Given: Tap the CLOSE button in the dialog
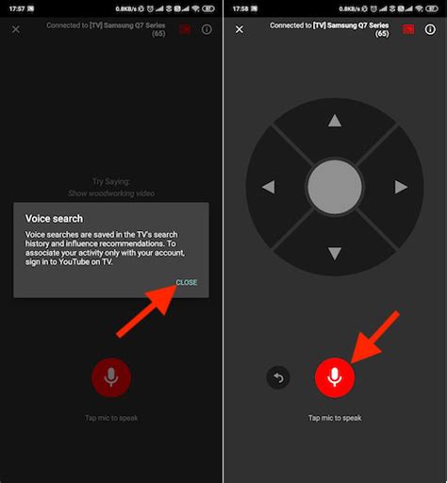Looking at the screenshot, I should click(x=186, y=282).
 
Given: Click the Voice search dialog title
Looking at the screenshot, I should click(x=54, y=218).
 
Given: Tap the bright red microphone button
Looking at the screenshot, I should click(x=334, y=377).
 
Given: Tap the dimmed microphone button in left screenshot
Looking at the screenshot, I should click(x=111, y=377).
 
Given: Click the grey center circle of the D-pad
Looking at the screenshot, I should click(x=334, y=187).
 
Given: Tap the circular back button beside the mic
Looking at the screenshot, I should click(x=279, y=377).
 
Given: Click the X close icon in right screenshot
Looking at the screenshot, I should click(x=239, y=29).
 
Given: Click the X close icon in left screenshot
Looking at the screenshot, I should click(x=16, y=29).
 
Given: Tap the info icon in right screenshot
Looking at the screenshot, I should click(x=430, y=29).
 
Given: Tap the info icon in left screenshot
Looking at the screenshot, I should click(x=207, y=29).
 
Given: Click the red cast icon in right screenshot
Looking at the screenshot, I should click(x=408, y=29).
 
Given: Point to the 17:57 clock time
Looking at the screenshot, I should click(x=16, y=8).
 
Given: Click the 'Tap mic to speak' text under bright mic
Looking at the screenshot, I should click(x=334, y=418).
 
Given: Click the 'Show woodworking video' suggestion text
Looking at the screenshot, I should click(x=111, y=193).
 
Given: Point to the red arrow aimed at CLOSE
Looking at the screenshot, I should click(x=146, y=311).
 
